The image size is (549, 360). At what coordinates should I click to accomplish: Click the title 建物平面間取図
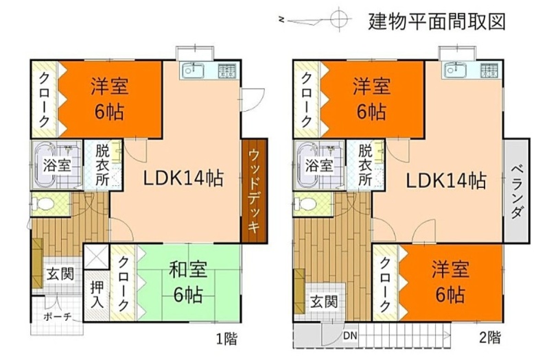[x=437, y=22]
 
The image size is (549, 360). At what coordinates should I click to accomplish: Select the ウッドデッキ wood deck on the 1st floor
[x=255, y=191]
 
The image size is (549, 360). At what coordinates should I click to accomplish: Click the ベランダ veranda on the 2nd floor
[x=517, y=191]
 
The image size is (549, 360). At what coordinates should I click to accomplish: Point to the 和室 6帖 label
[x=188, y=282]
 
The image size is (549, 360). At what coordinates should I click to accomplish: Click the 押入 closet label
[x=97, y=295]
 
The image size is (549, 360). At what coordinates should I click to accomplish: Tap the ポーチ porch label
[x=58, y=317]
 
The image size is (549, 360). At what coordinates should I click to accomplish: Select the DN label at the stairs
[x=350, y=336]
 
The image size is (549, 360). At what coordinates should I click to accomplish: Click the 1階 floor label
[x=226, y=338]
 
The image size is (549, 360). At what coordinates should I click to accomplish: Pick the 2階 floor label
[x=489, y=337]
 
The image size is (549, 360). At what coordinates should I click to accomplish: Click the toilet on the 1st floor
[x=42, y=204]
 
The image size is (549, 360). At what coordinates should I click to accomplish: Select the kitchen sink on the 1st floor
[x=193, y=71]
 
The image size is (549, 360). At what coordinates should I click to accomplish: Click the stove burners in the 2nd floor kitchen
[x=489, y=71]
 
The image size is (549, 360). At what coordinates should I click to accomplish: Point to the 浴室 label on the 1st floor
[x=57, y=165]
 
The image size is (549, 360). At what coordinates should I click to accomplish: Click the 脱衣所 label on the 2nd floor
[x=365, y=165]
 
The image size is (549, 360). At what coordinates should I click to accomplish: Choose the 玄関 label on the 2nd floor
[x=324, y=302]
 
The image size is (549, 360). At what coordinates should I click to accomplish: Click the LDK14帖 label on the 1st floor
[x=183, y=178]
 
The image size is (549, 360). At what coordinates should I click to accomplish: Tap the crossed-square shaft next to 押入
[x=97, y=256]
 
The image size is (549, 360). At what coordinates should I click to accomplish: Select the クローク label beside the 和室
[x=123, y=284]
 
